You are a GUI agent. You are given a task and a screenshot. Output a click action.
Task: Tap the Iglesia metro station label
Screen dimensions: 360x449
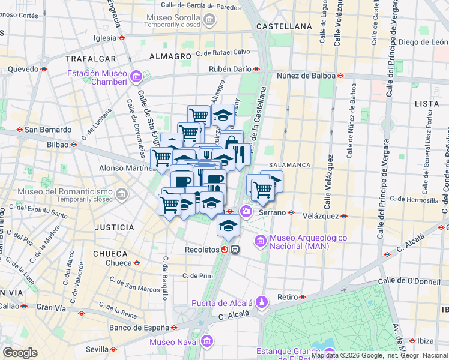pyautogui.click(x=104, y=37)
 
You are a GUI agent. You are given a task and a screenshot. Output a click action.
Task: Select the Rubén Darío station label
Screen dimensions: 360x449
pyautogui.click(x=229, y=69)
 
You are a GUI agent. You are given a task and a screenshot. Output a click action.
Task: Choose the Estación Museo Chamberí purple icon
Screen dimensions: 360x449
pyautogui.click(x=136, y=77)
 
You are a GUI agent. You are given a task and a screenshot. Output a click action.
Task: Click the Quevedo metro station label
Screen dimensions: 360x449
pyautogui.click(x=23, y=69)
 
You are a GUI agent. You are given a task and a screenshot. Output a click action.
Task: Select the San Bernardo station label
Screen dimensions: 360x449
pyautogui.click(x=47, y=129)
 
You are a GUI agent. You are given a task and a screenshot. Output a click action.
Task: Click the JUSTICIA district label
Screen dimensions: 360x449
pyautogui.click(x=114, y=227)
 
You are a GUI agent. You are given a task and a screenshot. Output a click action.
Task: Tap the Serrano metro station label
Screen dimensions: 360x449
pyautogui.click(x=271, y=212)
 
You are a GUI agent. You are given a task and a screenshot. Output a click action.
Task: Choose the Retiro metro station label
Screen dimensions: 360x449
pyautogui.click(x=288, y=297)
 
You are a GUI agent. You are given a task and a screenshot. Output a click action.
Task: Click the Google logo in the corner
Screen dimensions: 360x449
pyautogui.click(x=20, y=353)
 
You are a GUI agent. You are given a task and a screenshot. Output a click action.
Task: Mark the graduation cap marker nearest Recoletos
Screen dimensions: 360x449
pyautogui.click(x=228, y=226)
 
